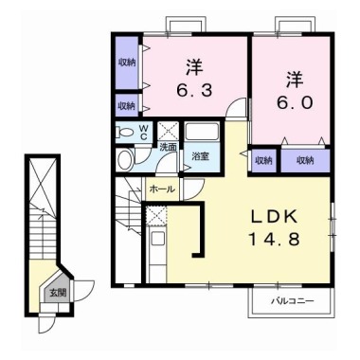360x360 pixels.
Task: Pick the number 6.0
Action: pyautogui.click(x=291, y=102)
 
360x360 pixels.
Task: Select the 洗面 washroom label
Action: pyautogui.click(x=168, y=148)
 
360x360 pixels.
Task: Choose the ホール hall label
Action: pyautogui.click(x=160, y=189)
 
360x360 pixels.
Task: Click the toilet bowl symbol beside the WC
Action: pyautogui.click(x=125, y=134)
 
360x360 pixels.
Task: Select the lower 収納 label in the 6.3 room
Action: pyautogui.click(x=126, y=103)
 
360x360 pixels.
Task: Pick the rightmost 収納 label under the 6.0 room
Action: pyautogui.click(x=305, y=160)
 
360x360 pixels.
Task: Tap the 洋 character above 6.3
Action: pyautogui.click(x=194, y=67)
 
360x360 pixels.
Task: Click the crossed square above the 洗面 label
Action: pyautogui.click(x=168, y=131)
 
